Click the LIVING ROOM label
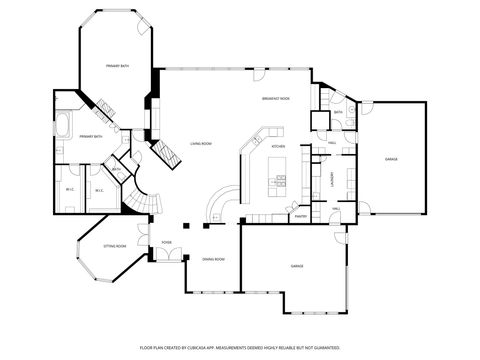pyautogui.click(x=201, y=144)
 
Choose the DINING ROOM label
pyautogui.click(x=213, y=259)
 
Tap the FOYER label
pyautogui.click(x=167, y=241)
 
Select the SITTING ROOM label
pyautogui.click(x=115, y=245)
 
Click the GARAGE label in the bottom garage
pyautogui.click(x=297, y=266)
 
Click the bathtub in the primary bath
pyautogui.click(x=62, y=127)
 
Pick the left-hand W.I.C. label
pyautogui.click(x=70, y=190)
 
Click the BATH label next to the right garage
pyautogui.click(x=338, y=112)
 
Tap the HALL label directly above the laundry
pyautogui.click(x=331, y=144)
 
